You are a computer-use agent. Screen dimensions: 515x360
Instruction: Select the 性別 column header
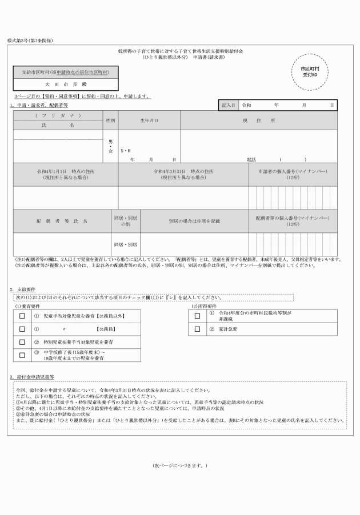click(x=110, y=120)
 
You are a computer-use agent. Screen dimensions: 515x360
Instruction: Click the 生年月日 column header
click(x=149, y=120)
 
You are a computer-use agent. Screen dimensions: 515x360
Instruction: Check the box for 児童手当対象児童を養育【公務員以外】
click(x=22, y=316)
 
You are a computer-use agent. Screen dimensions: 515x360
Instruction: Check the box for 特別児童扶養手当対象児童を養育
click(x=22, y=342)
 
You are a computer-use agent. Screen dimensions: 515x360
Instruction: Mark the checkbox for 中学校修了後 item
click(x=22, y=355)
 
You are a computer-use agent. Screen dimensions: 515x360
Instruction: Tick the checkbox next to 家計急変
click(x=197, y=329)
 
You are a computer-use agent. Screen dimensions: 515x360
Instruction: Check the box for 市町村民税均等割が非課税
click(x=197, y=316)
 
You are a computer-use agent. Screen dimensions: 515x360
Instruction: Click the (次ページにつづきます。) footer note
click(x=180, y=465)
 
